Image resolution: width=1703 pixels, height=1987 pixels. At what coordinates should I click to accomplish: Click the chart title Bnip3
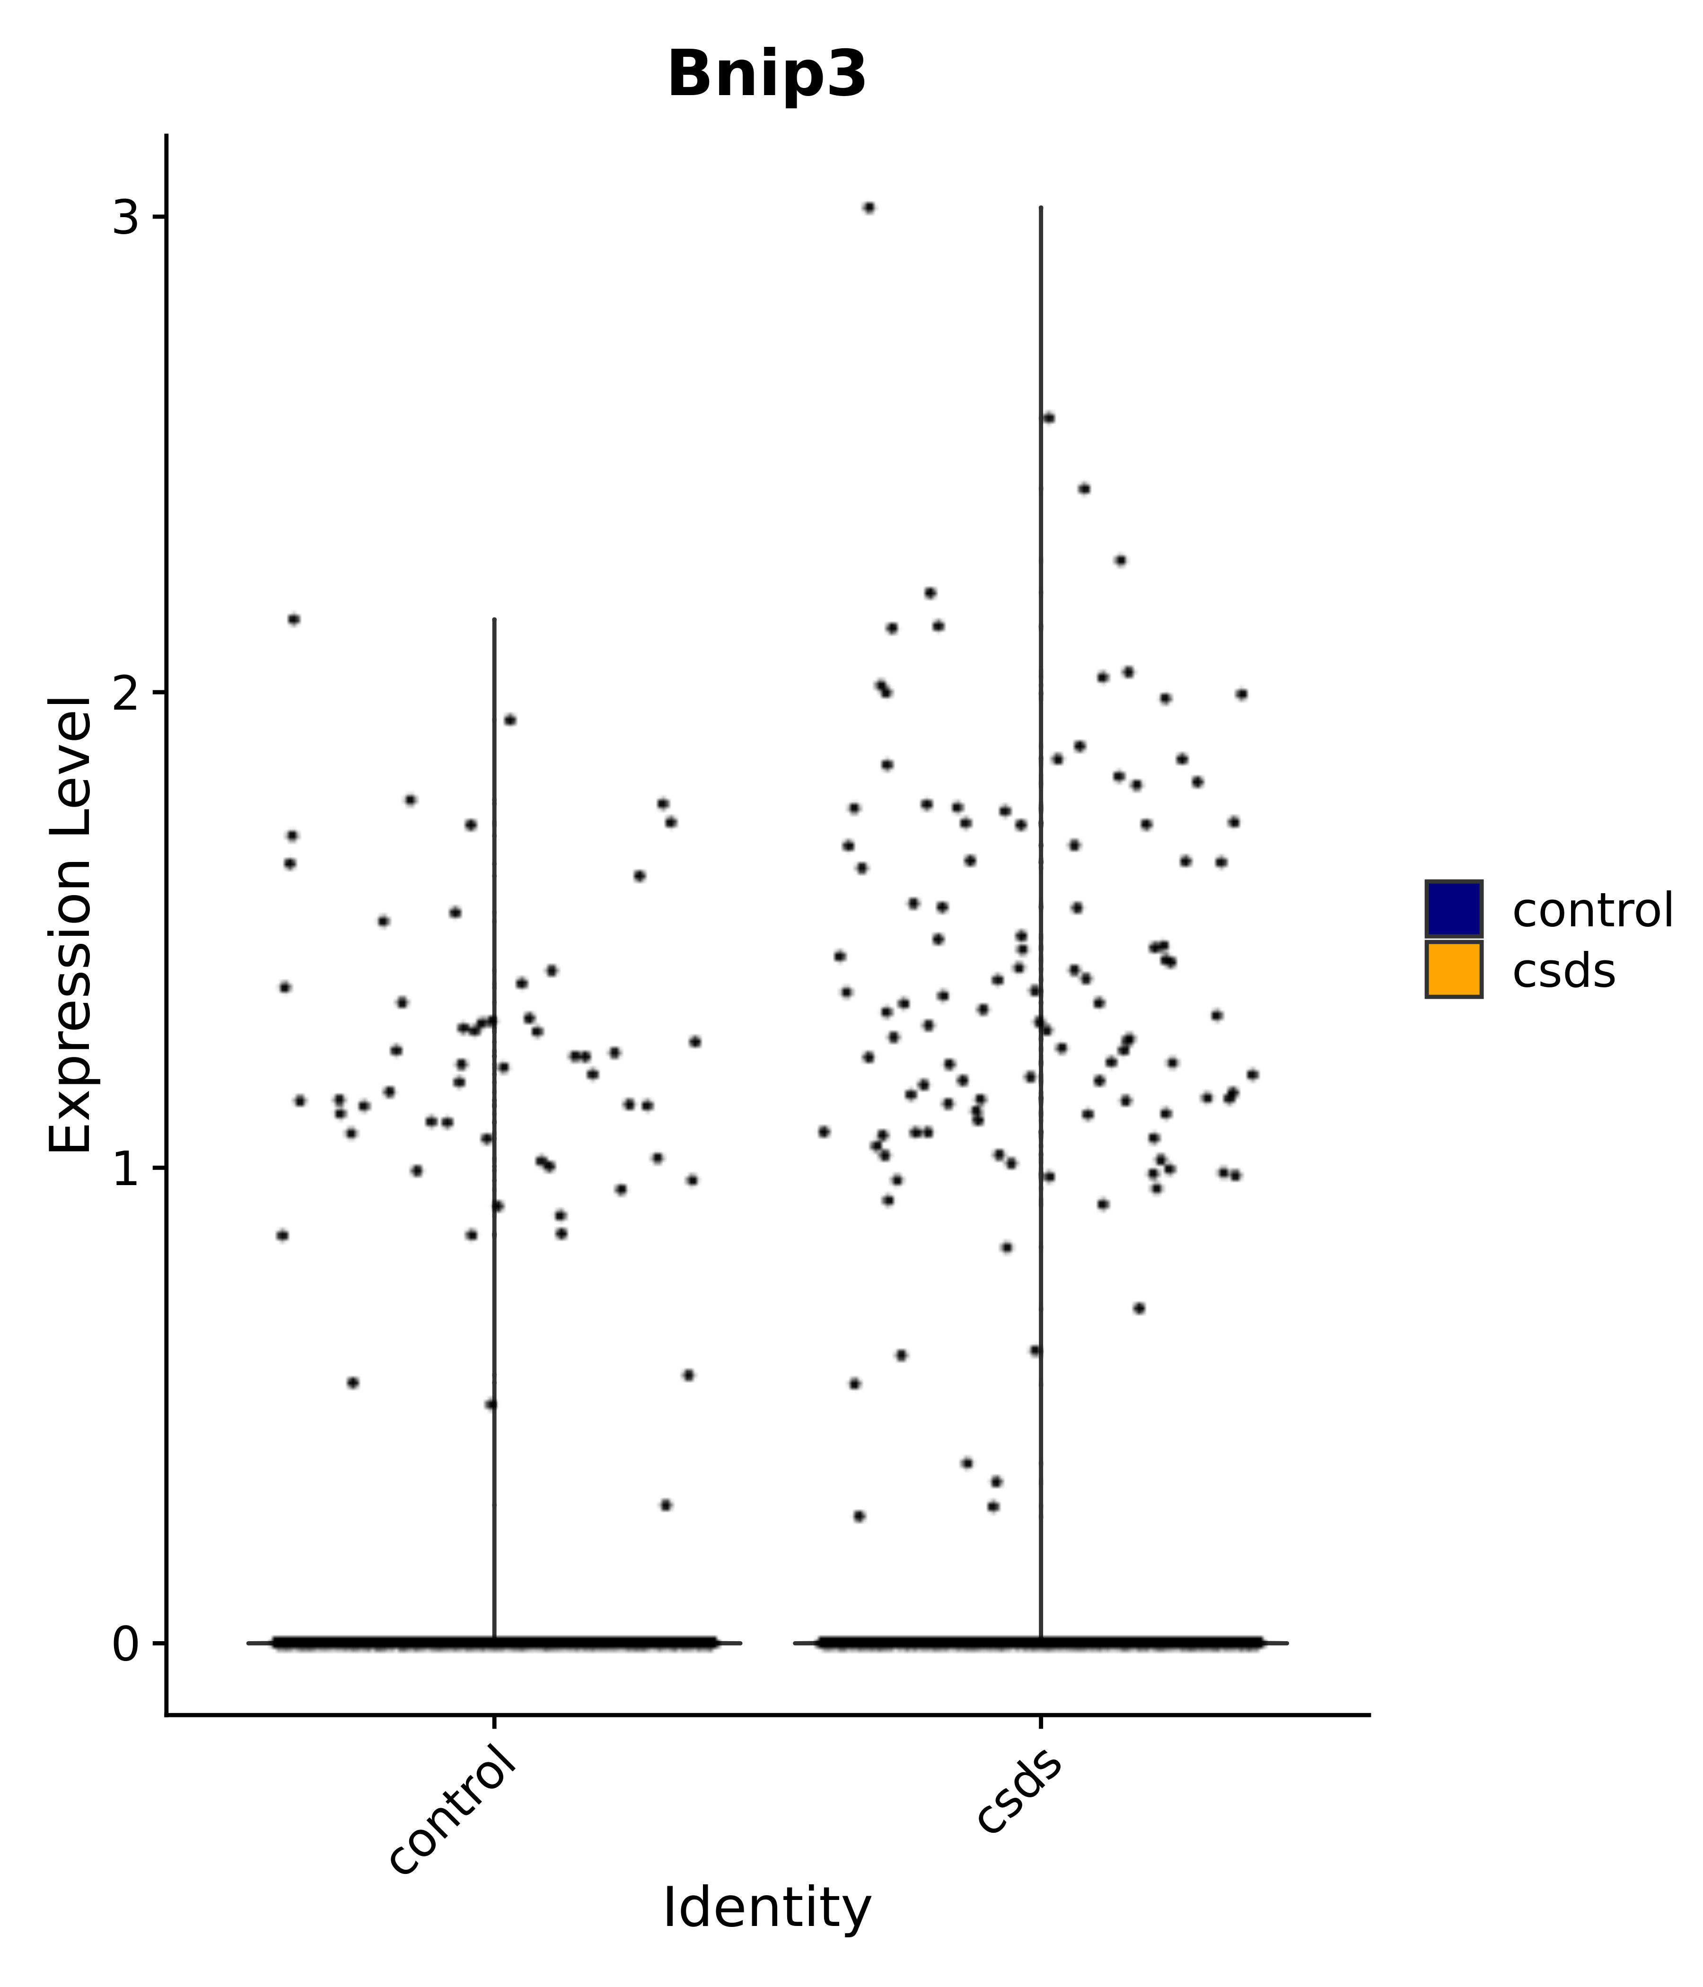[766, 75]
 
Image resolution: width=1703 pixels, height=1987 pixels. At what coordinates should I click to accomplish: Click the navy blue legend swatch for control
[1453, 908]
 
